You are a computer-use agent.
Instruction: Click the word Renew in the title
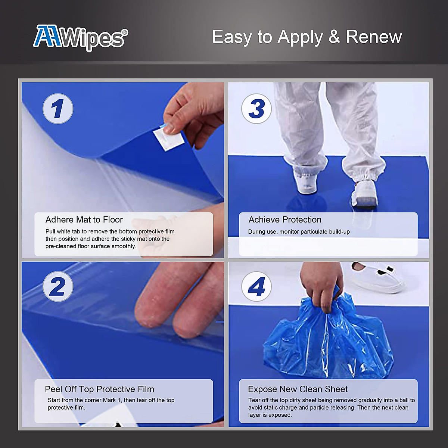pos(374,37)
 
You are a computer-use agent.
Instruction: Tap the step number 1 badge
pos(57,109)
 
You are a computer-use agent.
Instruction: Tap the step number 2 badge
pos(57,287)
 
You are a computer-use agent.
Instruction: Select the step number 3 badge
pos(256,109)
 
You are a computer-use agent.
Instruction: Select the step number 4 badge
pos(256,287)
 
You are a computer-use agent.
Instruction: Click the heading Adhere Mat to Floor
pos(84,220)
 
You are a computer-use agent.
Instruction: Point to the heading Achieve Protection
pos(285,220)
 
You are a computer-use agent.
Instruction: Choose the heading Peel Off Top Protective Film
pos(99,389)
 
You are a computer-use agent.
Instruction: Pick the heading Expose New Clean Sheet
pos(298,389)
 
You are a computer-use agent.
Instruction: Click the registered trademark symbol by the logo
pos(125,32)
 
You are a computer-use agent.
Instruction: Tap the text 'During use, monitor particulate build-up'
pos(299,232)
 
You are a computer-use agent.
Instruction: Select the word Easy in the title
pos(231,37)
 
